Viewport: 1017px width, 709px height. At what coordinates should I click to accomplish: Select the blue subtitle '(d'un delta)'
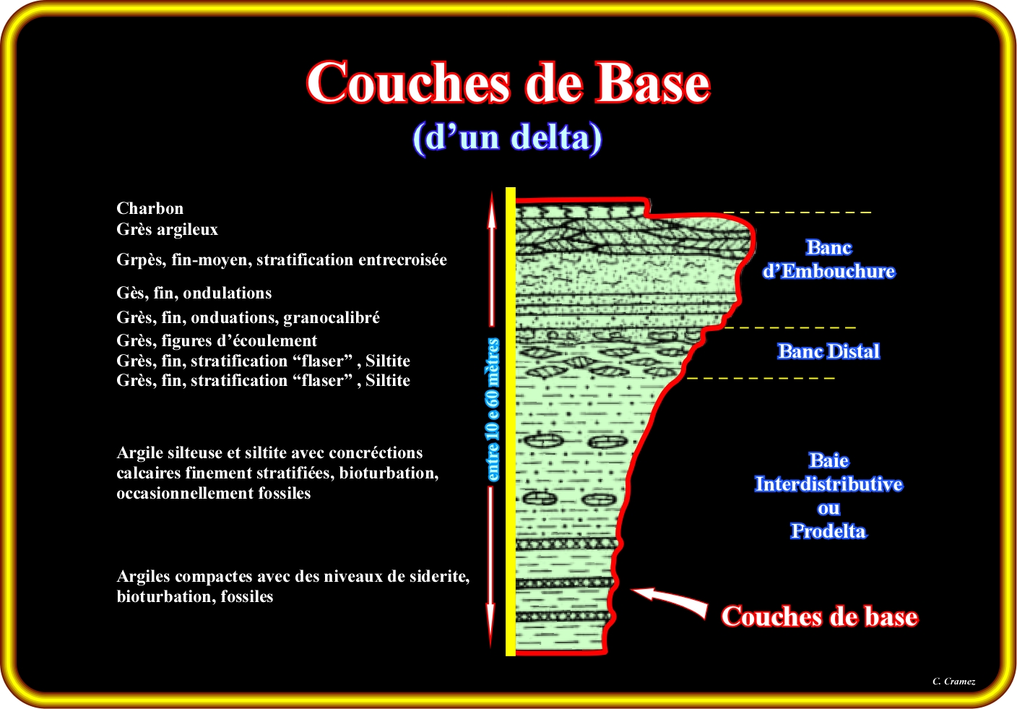pyautogui.click(x=507, y=137)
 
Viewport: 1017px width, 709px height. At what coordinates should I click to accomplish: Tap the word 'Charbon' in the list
pyautogui.click(x=150, y=209)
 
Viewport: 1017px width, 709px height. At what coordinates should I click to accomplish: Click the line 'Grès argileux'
pyautogui.click(x=167, y=230)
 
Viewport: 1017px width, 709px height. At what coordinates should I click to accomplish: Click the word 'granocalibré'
pyautogui.click(x=332, y=318)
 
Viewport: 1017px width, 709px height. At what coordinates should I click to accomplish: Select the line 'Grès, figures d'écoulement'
pyautogui.click(x=217, y=341)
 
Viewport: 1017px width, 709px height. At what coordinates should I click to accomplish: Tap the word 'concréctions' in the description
pyautogui.click(x=376, y=453)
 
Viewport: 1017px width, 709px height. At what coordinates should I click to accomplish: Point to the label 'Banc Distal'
pyautogui.click(x=828, y=352)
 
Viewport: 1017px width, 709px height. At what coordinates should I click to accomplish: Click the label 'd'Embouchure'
pyautogui.click(x=828, y=272)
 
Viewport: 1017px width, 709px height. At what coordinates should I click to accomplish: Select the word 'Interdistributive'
pyautogui.click(x=828, y=484)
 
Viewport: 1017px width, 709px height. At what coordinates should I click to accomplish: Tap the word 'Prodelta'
pyautogui.click(x=828, y=531)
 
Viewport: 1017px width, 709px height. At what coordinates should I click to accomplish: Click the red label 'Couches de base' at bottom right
pyautogui.click(x=819, y=616)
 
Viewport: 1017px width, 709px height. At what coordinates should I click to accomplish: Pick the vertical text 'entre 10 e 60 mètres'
pyautogui.click(x=493, y=410)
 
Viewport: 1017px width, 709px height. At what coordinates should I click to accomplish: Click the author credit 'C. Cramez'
pyautogui.click(x=953, y=682)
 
